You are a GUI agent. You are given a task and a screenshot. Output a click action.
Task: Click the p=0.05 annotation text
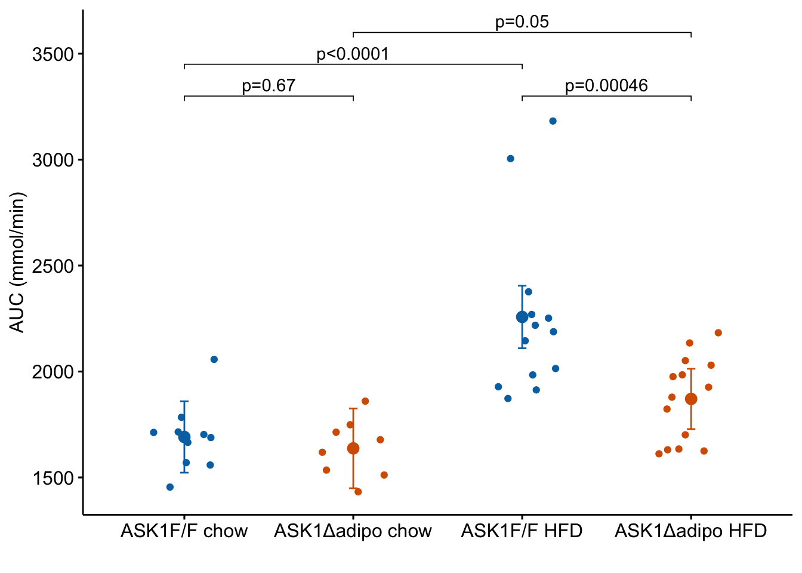pos(522,22)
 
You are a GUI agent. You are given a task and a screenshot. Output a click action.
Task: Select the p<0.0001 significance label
pos(352,54)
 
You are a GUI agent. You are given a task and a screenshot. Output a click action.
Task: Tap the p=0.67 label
pos(269,86)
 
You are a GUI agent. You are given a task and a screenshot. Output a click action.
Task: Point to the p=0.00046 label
pos(606,86)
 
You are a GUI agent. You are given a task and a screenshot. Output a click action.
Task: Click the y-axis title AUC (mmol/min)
pos(18,263)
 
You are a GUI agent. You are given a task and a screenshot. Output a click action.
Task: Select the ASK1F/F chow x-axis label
pos(184,531)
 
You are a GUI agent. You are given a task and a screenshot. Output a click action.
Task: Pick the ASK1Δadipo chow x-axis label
pos(353,531)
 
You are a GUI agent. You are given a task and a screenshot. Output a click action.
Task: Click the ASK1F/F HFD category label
pos(522,531)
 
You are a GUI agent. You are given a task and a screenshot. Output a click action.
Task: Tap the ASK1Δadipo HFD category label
pos(690,531)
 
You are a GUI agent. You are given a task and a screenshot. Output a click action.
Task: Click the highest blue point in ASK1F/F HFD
pos(553,121)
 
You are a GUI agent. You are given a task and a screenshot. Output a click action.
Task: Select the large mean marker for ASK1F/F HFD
pos(522,317)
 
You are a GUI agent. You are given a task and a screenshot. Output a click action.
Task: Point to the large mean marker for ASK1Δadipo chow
pos(353,448)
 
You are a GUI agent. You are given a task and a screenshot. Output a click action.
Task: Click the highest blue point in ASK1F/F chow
pos(214,359)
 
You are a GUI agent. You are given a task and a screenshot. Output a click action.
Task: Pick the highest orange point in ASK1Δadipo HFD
pos(718,333)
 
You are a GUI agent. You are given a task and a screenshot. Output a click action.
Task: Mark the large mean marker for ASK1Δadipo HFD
pos(691,399)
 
